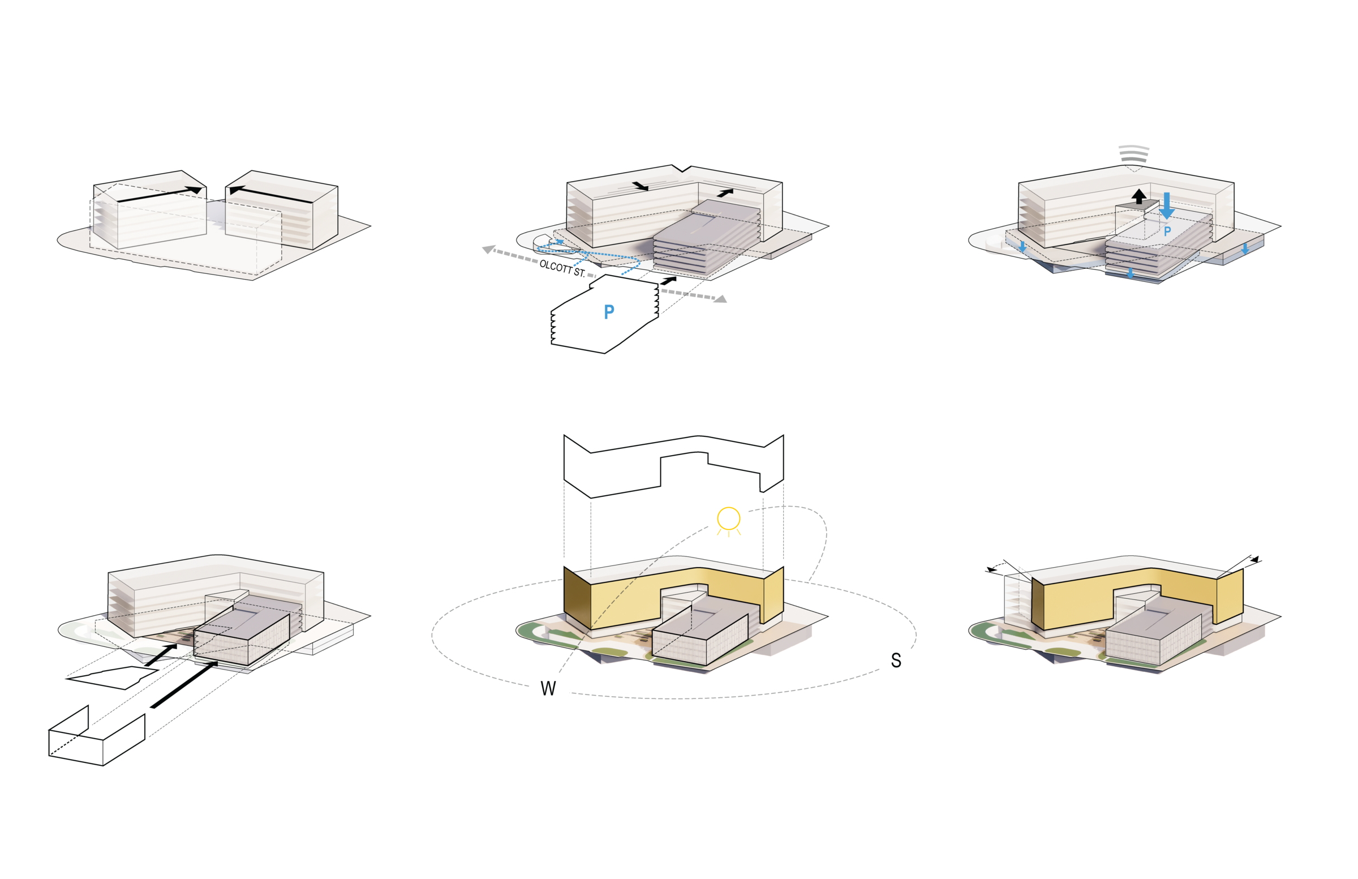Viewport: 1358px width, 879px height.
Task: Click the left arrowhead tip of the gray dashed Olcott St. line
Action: tap(483, 249)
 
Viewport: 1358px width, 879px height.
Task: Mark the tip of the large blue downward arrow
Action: tap(1167, 219)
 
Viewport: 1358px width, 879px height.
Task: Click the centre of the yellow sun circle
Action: tap(729, 518)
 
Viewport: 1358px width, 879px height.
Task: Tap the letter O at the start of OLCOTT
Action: tap(543, 264)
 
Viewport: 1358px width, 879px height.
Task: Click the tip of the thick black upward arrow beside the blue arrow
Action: tap(1139, 189)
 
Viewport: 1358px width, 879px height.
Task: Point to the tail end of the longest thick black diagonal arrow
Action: tap(152, 707)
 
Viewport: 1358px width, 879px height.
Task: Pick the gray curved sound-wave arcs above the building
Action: tap(1134, 153)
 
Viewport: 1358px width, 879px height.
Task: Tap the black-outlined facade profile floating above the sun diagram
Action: tap(673, 465)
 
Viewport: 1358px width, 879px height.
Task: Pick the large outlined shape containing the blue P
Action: tap(605, 314)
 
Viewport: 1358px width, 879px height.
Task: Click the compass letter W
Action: tap(548, 688)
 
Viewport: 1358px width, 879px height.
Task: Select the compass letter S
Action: tap(896, 661)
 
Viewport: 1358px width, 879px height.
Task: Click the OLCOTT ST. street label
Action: tap(562, 268)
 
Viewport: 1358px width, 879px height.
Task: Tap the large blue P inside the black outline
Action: tap(609, 311)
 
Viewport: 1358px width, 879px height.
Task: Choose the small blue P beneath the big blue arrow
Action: tap(1167, 231)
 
